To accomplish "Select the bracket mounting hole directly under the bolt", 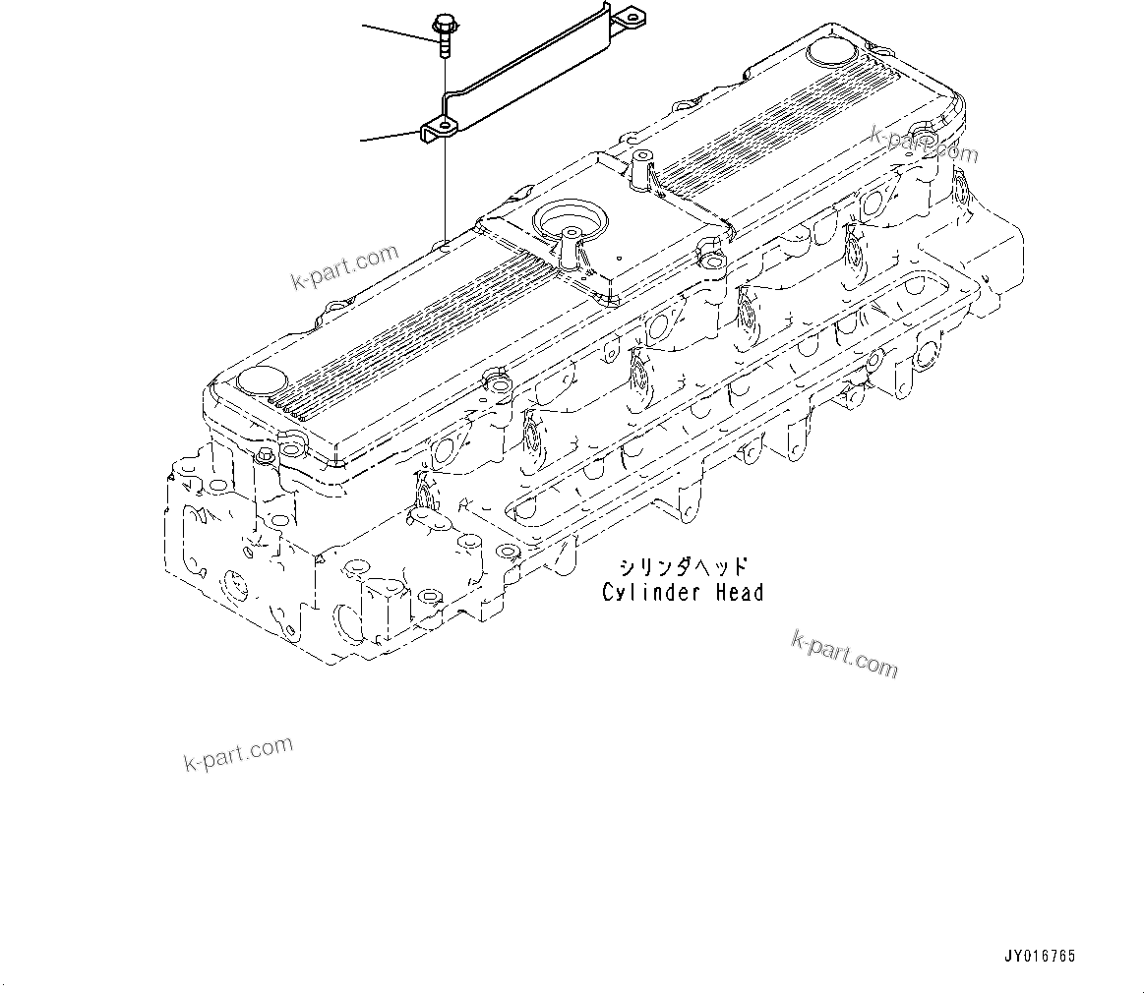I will [x=444, y=127].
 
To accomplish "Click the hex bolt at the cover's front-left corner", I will [x=265, y=456].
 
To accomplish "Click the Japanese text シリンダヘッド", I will [x=683, y=566].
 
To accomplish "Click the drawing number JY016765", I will [x=1039, y=956].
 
